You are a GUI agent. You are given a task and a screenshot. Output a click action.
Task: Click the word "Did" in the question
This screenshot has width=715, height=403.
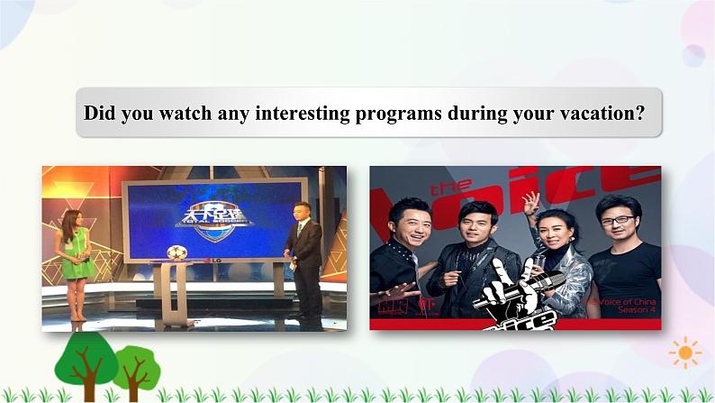[99, 114]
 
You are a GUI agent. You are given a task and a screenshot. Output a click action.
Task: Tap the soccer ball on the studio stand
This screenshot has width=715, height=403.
[177, 252]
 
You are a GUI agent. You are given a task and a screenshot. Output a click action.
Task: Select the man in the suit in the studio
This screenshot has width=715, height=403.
[303, 256]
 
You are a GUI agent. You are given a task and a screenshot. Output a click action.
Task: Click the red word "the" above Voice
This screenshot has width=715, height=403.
[451, 188]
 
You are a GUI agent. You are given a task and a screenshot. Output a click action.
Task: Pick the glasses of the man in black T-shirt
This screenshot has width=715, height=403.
[617, 220]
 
